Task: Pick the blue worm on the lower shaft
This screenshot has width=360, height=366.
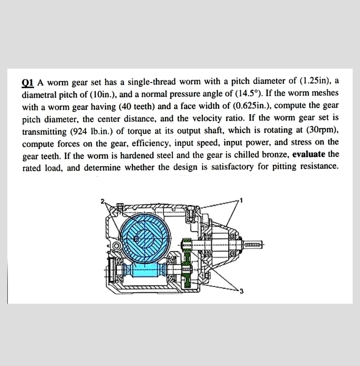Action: click(x=144, y=269)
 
